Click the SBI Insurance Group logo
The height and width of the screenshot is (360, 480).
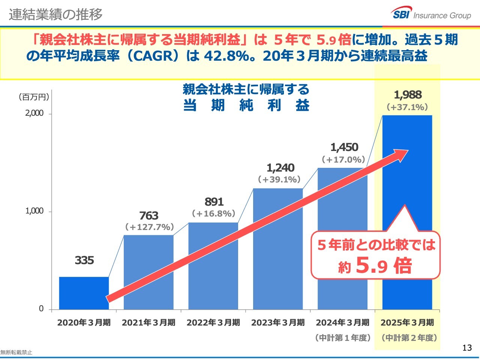point(432,14)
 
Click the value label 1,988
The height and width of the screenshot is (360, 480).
point(408,95)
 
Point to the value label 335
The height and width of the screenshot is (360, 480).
point(84,260)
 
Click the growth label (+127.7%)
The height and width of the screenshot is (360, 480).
point(149,227)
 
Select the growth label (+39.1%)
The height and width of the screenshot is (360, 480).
point(279,179)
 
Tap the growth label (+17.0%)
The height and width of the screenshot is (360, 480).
point(343,160)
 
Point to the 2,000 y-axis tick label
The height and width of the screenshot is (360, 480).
point(34,113)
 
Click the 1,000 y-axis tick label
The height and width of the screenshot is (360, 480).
point(34,211)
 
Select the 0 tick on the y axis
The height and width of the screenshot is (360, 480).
point(41,309)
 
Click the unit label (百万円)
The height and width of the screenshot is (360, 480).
point(34,97)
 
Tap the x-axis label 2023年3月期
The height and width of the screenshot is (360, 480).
point(278,323)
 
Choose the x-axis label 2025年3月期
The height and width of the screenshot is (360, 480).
point(407,323)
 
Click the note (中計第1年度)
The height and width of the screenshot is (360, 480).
point(343,338)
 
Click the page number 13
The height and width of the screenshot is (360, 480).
point(467,348)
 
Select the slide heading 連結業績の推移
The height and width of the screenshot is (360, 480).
point(55,14)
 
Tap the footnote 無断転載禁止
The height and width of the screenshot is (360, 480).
point(16,353)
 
